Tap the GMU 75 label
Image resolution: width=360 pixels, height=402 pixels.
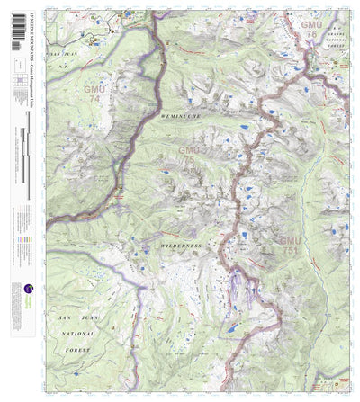pos(187,155)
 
